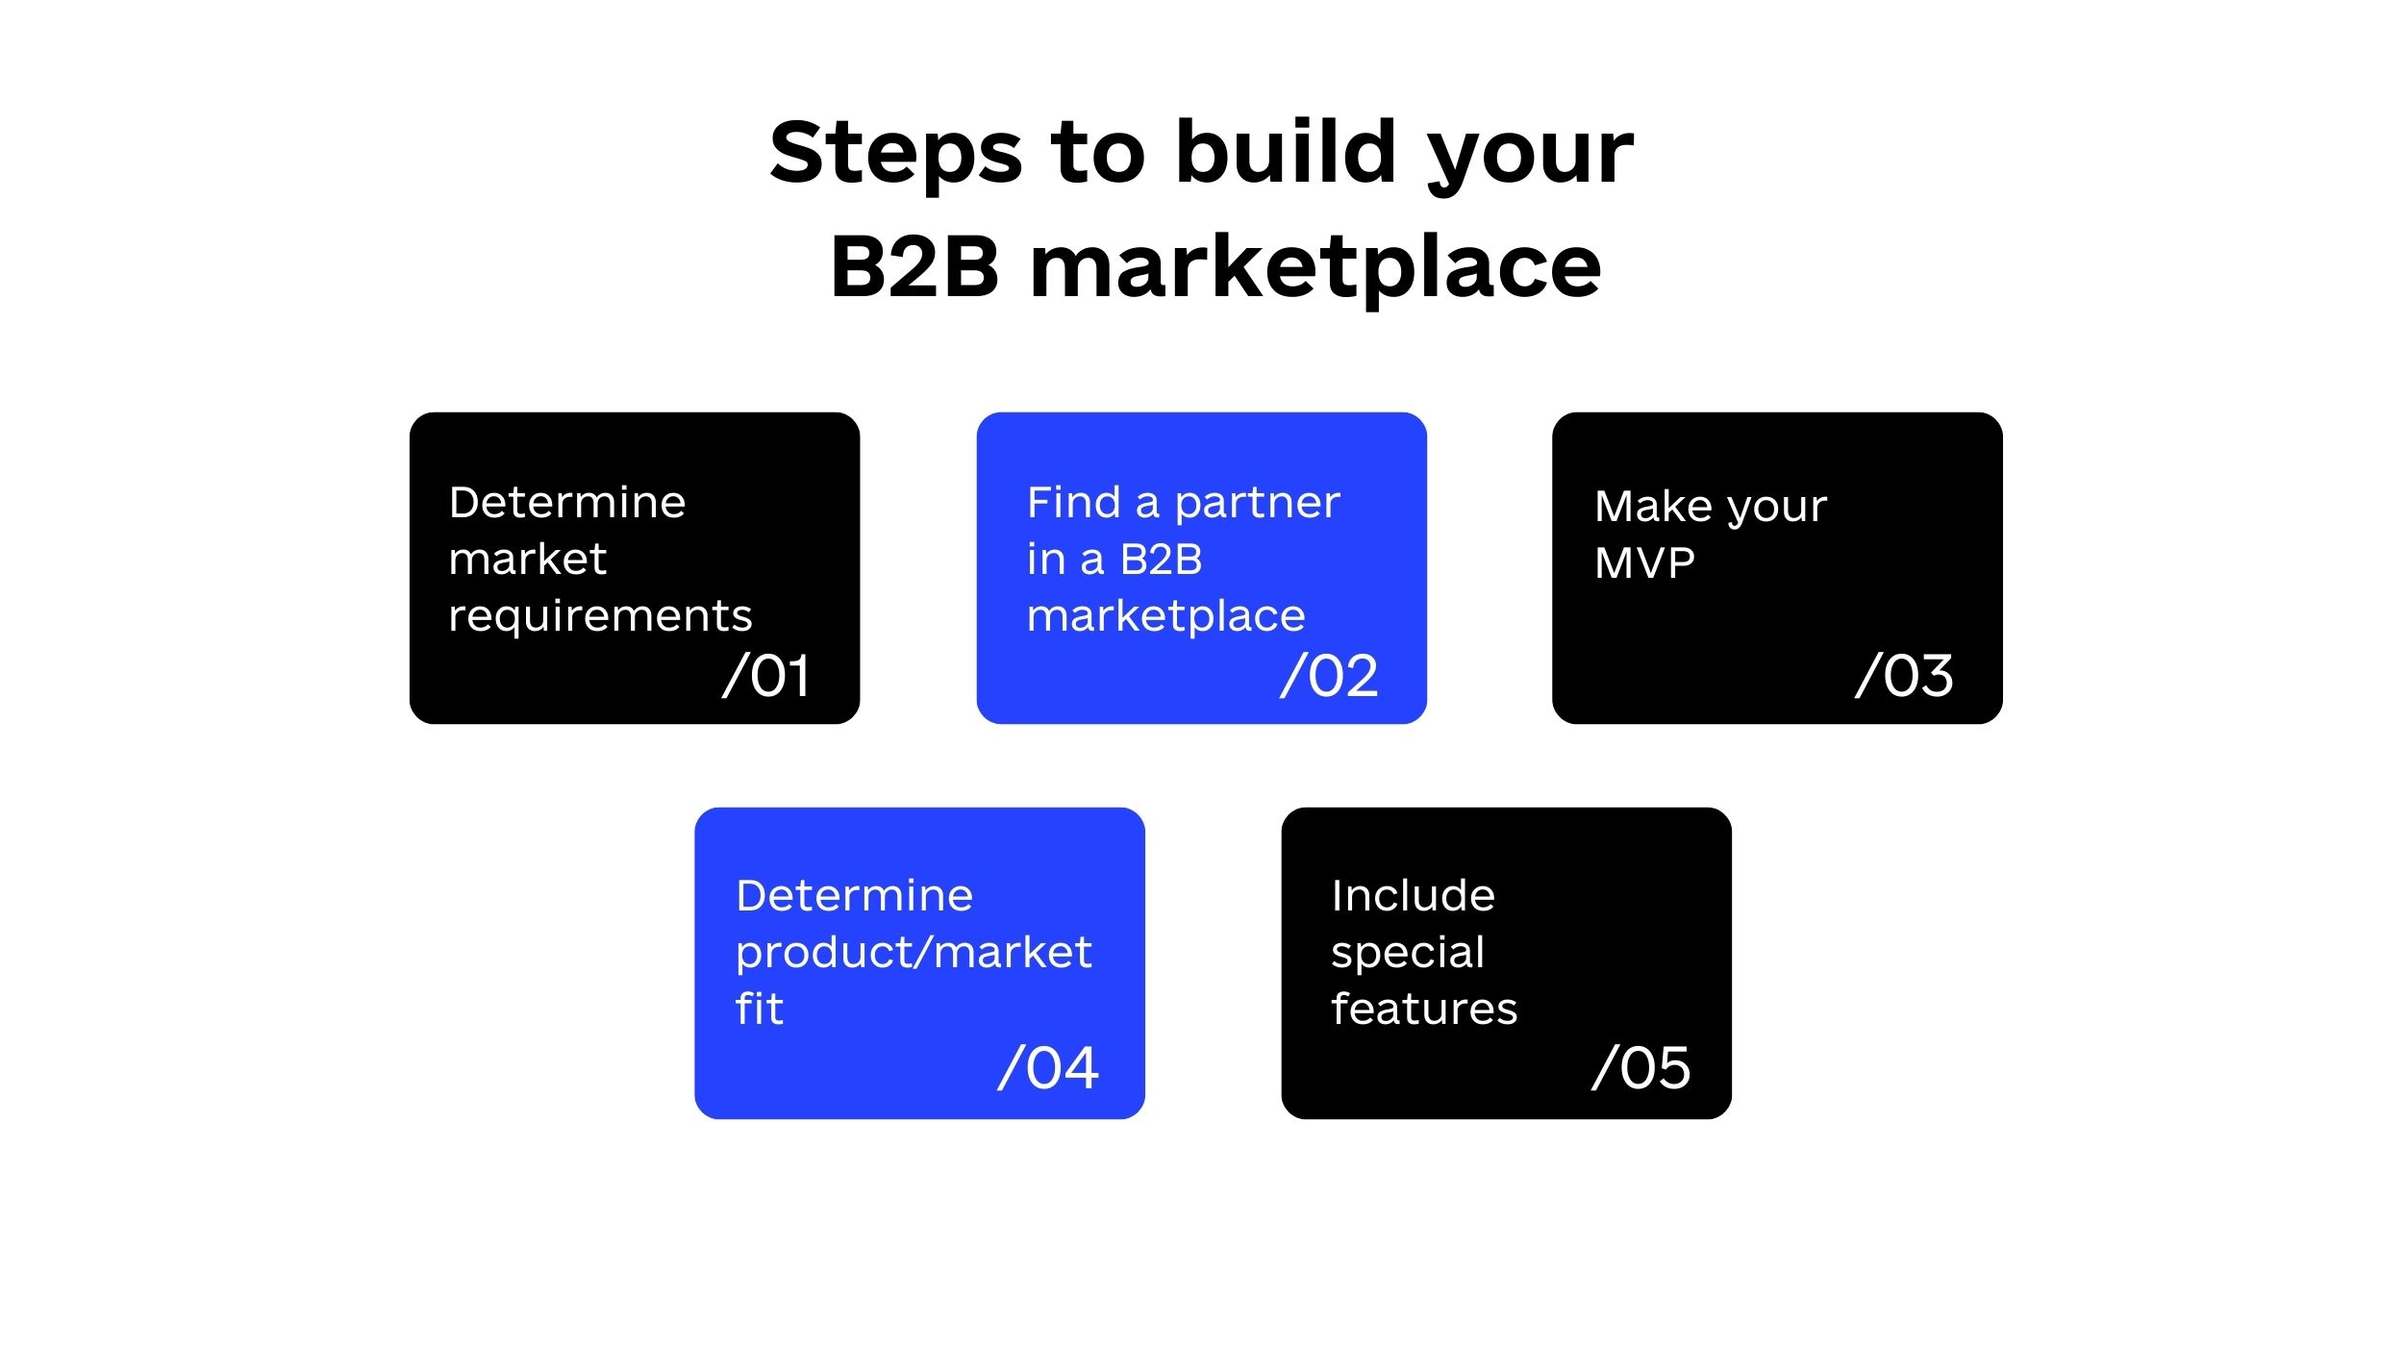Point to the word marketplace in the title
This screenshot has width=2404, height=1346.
click(x=1315, y=270)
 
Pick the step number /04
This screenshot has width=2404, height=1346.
click(x=1048, y=1068)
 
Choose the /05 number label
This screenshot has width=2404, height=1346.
click(x=1641, y=1068)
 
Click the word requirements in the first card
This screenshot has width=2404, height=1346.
click(x=600, y=617)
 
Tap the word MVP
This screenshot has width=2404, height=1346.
click(x=1644, y=563)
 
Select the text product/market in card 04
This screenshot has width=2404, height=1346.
click(x=914, y=952)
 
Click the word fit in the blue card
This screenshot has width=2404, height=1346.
click(x=760, y=1008)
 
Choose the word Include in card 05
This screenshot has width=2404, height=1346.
click(x=1414, y=895)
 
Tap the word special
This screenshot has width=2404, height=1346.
click(x=1408, y=954)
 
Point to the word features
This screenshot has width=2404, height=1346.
click(x=1424, y=1009)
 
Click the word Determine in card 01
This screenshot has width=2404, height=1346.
click(x=567, y=502)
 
